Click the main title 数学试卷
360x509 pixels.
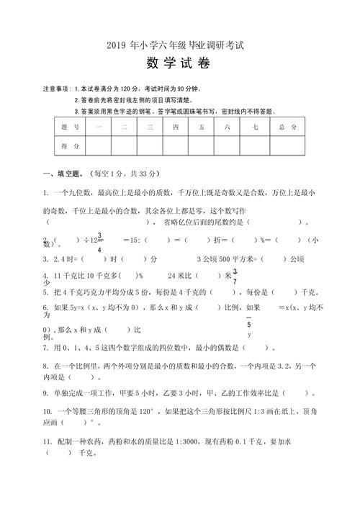[x=179, y=63]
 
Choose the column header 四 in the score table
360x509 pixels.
[x=175, y=127]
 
